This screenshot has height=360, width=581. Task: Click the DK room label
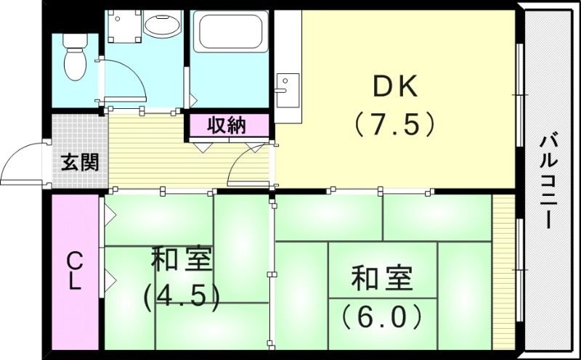coord(395,88)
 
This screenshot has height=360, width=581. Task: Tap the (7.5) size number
coord(395,124)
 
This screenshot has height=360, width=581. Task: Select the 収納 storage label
coord(227,125)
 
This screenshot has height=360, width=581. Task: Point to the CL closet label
coord(75,270)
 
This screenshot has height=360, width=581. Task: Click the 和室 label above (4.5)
coord(182,260)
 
